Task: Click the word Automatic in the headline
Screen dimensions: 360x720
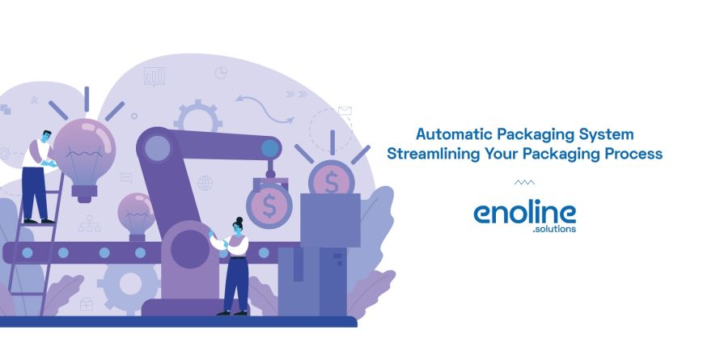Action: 447,133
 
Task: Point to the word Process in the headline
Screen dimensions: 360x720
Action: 633,153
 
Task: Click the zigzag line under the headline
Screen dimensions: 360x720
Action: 524,183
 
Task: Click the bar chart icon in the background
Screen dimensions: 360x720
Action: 154,77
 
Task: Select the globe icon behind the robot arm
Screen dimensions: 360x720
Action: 205,183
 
